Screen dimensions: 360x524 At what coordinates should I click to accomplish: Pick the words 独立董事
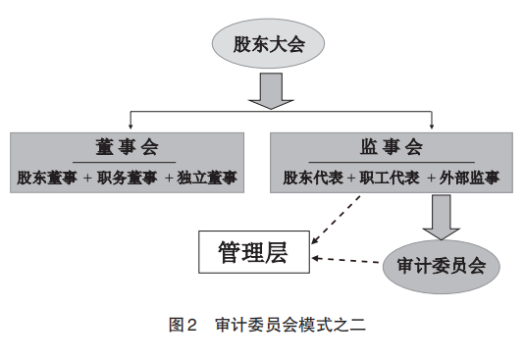208,179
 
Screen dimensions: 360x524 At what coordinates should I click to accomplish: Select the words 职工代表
391,179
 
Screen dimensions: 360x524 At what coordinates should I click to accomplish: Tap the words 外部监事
469,179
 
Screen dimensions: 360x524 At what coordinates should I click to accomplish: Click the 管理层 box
254,253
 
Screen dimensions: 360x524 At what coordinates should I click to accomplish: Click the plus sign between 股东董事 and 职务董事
88,179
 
